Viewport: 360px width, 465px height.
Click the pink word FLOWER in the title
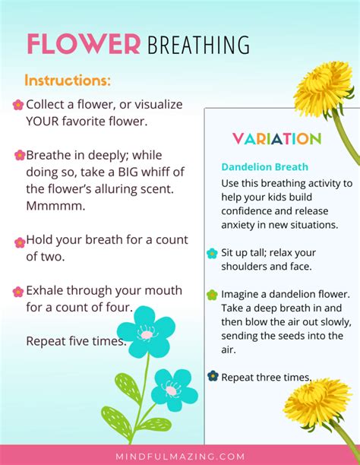(x=84, y=44)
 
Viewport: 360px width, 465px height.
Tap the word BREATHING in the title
(x=198, y=45)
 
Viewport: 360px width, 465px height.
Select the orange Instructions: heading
(x=68, y=81)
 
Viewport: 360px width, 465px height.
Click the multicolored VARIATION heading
(x=277, y=139)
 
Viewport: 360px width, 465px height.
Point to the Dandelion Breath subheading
(x=264, y=166)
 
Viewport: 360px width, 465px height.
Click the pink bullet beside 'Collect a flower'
(x=18, y=105)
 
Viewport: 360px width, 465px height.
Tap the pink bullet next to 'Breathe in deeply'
(x=20, y=155)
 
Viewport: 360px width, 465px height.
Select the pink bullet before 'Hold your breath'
(x=20, y=242)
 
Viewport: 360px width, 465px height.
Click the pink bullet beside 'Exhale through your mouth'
(x=18, y=292)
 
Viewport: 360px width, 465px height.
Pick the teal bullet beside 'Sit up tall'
(x=212, y=254)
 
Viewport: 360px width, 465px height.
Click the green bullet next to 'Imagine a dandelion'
(x=212, y=295)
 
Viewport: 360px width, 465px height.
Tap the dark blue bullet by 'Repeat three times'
(x=213, y=376)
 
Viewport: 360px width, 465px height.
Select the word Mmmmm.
(x=55, y=206)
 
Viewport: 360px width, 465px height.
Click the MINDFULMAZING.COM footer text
(x=180, y=456)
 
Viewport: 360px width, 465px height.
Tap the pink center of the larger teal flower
(x=147, y=335)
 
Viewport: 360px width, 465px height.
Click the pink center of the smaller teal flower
(x=171, y=391)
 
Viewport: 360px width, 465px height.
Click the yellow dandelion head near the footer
(x=317, y=403)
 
